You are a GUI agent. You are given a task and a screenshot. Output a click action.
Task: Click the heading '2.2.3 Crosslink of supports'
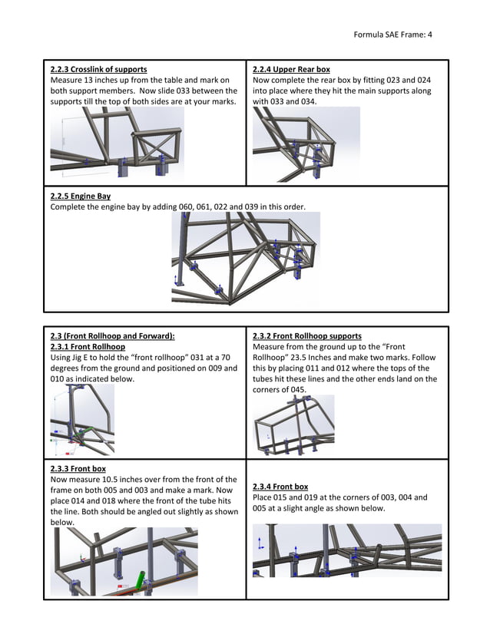click(x=98, y=69)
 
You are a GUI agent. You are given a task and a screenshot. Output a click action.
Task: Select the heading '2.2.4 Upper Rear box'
click(x=291, y=69)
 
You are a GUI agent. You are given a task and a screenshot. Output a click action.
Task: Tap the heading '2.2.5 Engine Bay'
click(x=80, y=196)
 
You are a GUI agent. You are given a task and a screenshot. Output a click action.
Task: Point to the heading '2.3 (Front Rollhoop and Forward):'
click(x=112, y=336)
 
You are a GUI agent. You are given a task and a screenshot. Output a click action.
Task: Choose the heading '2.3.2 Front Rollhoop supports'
click(x=307, y=336)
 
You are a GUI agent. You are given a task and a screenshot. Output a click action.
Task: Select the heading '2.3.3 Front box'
click(x=78, y=468)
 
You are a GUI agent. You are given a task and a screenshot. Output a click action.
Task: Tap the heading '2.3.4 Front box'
click(x=280, y=487)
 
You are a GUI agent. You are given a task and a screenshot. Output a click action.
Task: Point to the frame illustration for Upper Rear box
click(x=306, y=144)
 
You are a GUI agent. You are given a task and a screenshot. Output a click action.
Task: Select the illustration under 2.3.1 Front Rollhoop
click(x=82, y=419)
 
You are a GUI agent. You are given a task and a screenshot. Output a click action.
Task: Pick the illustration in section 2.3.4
click(x=346, y=550)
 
